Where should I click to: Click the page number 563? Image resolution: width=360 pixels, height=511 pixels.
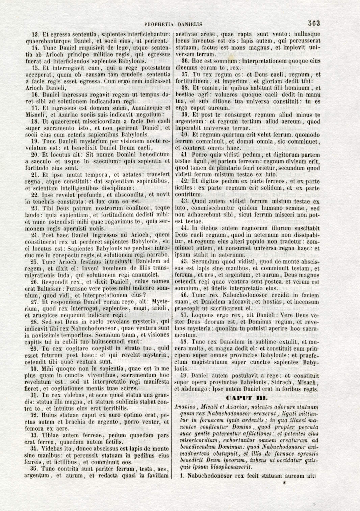click(314, 23)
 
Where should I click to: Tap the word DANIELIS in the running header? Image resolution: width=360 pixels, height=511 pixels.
click(190, 24)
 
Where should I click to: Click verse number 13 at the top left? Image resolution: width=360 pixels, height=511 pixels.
click(35, 34)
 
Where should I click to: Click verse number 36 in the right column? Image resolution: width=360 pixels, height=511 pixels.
click(185, 61)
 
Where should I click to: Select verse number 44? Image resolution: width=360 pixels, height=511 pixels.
click(185, 228)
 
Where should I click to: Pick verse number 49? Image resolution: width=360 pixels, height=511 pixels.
click(184, 376)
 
